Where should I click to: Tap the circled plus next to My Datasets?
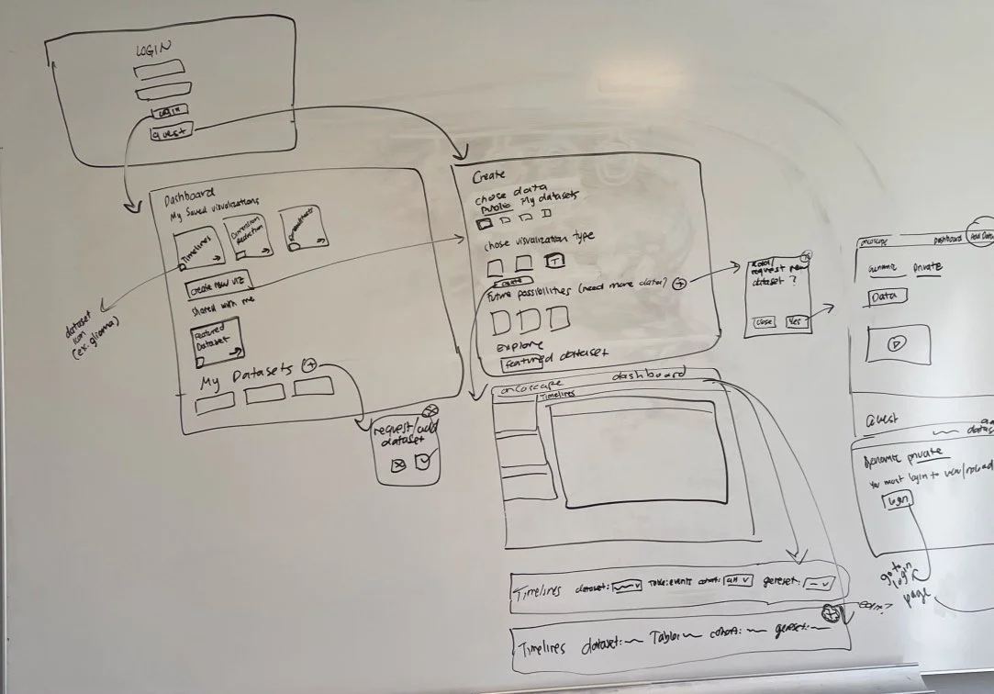tap(309, 364)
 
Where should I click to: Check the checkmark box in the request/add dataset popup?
tap(421, 464)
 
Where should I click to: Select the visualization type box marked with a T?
tap(554, 262)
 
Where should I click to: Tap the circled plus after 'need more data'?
tap(679, 284)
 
